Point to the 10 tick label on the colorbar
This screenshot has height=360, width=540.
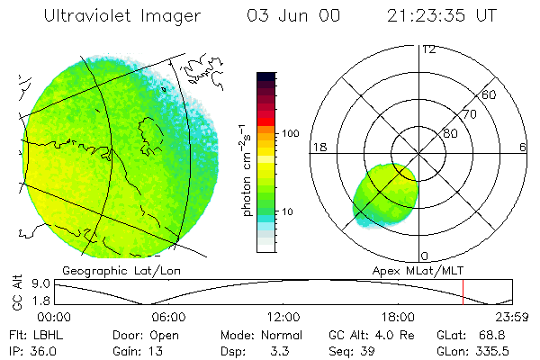click(289, 212)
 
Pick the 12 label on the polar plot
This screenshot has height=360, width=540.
click(428, 49)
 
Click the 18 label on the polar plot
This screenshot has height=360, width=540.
click(318, 147)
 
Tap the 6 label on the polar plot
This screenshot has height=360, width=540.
click(523, 147)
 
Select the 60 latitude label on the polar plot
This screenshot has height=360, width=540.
click(490, 94)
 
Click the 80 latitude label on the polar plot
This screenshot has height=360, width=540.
click(449, 134)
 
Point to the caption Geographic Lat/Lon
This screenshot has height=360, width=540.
click(107, 270)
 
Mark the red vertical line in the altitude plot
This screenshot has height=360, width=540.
click(463, 292)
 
